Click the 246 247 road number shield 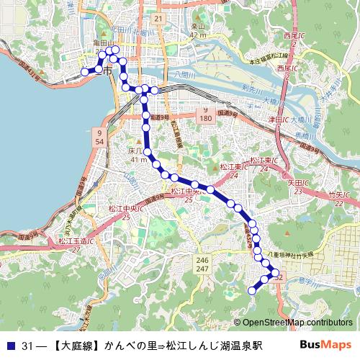point(202,264)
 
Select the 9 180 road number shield point(204,112)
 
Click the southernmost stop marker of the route point(252,290)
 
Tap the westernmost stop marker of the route point(84,71)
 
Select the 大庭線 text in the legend point(74,346)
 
